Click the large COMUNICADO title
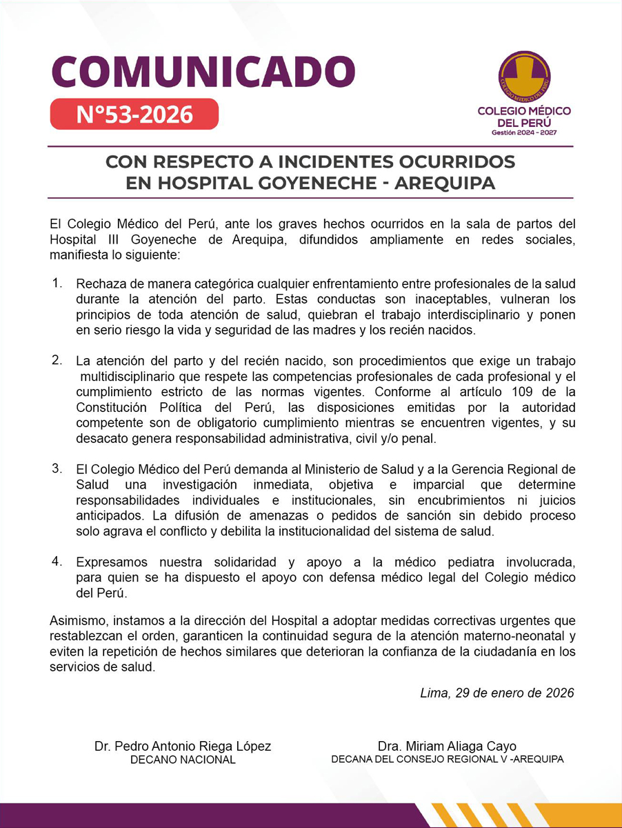[203, 71]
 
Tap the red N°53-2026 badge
[134, 114]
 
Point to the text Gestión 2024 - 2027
[524, 132]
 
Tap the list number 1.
[57, 284]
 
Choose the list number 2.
[57, 360]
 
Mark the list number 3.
[57, 468]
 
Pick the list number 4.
[57, 560]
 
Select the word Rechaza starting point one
[100, 284]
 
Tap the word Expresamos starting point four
[112, 562]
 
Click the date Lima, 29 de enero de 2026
[496, 693]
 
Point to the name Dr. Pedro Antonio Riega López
[183, 746]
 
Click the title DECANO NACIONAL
[183, 760]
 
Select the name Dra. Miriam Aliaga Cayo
[447, 746]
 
